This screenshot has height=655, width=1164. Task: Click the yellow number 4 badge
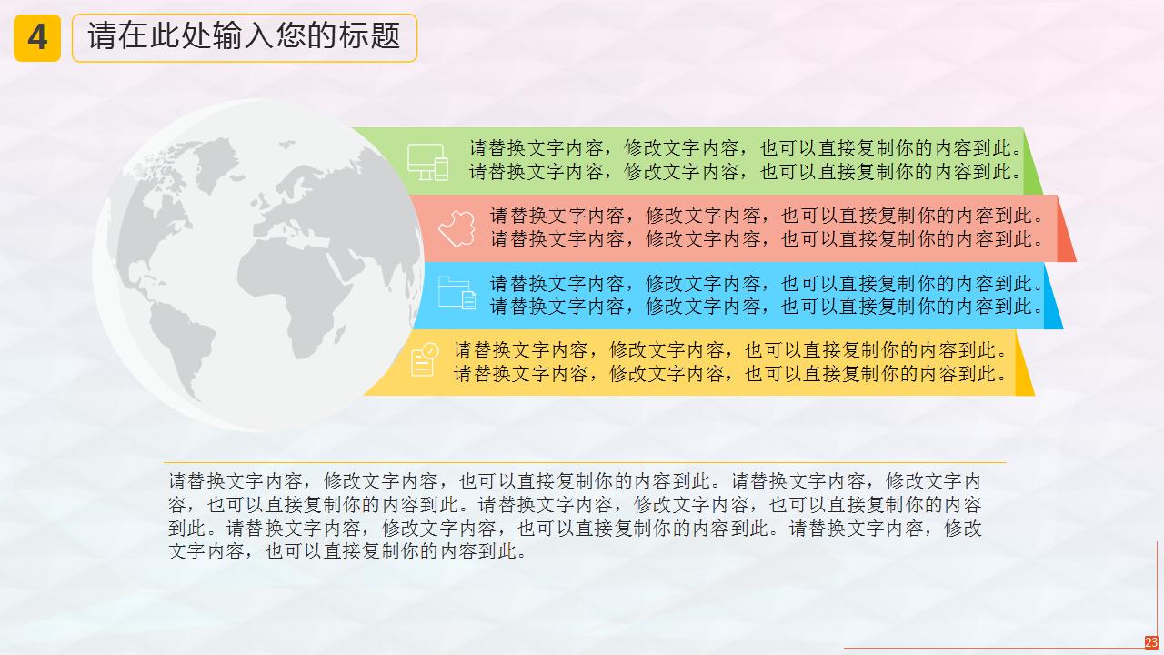click(x=37, y=38)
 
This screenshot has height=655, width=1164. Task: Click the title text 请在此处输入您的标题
click(x=244, y=37)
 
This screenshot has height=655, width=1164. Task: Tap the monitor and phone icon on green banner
click(x=427, y=162)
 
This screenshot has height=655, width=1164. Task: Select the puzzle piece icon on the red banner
click(x=457, y=228)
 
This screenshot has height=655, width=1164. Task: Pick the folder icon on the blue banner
click(x=457, y=294)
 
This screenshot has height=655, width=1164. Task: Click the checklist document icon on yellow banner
click(x=424, y=359)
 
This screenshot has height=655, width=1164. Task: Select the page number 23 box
click(x=1151, y=642)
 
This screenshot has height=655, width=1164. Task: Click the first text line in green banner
click(x=746, y=148)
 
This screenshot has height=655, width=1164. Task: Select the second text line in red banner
click(x=767, y=239)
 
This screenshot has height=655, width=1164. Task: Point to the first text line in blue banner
click(x=767, y=284)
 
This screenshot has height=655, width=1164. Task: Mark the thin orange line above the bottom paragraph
click(x=582, y=462)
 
